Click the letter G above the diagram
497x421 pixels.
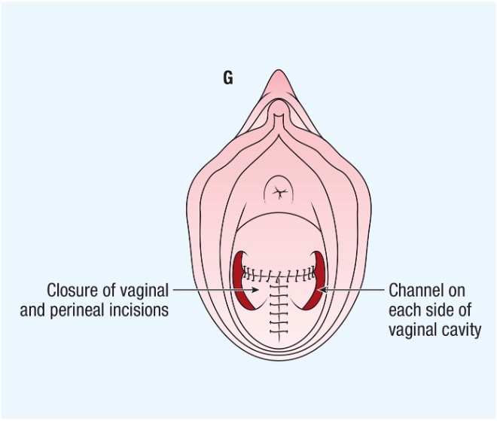(227, 77)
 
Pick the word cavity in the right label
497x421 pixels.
(461, 329)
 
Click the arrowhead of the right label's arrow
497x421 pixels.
(322, 289)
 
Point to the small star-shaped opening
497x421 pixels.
(279, 192)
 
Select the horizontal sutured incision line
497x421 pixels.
(279, 273)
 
